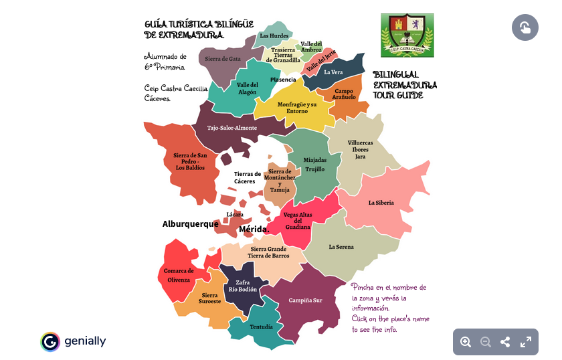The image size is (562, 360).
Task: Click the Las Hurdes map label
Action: (x=274, y=35)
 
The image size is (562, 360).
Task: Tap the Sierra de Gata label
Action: (x=223, y=59)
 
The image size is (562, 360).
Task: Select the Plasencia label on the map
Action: (x=283, y=80)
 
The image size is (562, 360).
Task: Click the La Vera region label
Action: (x=333, y=72)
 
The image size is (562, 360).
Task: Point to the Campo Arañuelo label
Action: (x=345, y=94)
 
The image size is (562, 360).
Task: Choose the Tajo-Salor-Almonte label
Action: (x=232, y=128)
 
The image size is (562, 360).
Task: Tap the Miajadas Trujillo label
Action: (x=315, y=165)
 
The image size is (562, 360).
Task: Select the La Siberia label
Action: (x=381, y=203)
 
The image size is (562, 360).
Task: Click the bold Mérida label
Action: (x=254, y=230)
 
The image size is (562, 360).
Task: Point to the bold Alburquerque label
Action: (x=190, y=224)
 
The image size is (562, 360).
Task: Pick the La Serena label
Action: (x=341, y=247)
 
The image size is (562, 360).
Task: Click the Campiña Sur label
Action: (x=305, y=300)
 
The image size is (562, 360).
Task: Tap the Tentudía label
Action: (x=261, y=327)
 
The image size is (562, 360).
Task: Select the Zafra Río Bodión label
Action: (x=242, y=286)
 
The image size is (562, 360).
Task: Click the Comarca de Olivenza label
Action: (x=179, y=275)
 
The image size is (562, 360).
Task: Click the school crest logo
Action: (x=407, y=35)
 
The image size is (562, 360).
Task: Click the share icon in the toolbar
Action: (x=505, y=342)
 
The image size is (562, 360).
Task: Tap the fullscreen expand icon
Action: (x=526, y=342)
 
